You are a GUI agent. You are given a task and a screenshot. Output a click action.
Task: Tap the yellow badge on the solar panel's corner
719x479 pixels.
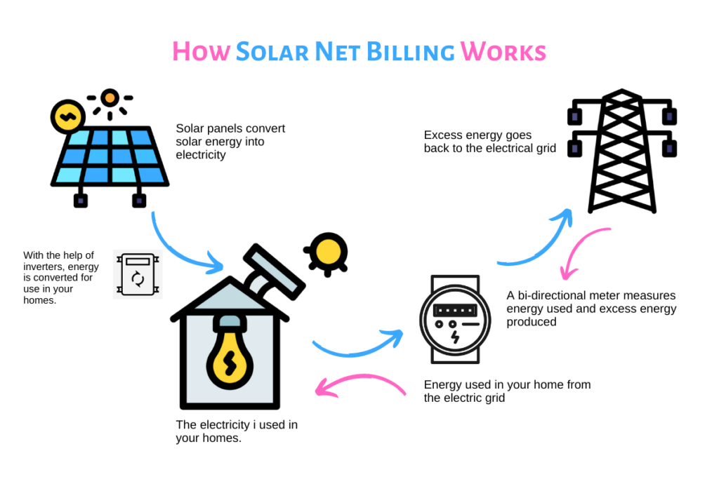click(x=68, y=117)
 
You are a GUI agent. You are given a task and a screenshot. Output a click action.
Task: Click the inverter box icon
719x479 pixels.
click(x=138, y=274)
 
